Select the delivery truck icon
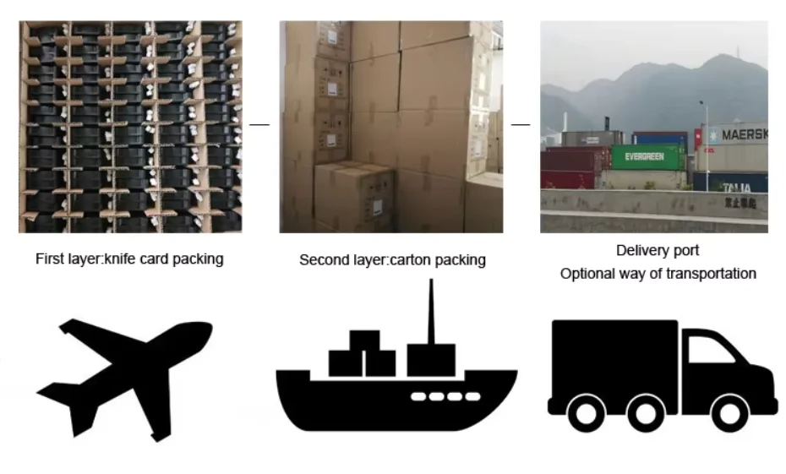[x=662, y=376]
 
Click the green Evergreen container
[x=647, y=157]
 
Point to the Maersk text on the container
[x=745, y=134]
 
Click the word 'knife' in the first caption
[x=120, y=259]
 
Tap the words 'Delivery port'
[x=658, y=250]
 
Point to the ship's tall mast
[x=431, y=311]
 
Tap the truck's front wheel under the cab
[x=729, y=413]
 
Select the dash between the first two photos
[x=259, y=124]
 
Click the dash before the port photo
[x=521, y=124]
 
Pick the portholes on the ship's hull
[x=445, y=397]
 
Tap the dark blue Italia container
[x=730, y=182]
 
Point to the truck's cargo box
[x=614, y=365]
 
